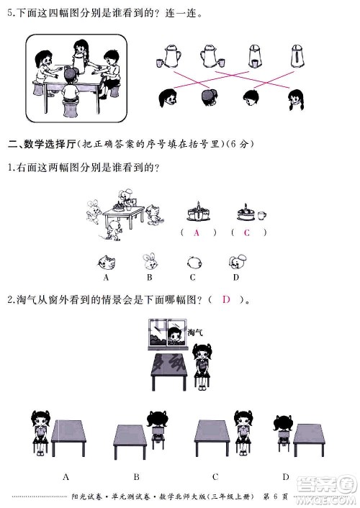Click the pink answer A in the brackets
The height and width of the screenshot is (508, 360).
coord(195,232)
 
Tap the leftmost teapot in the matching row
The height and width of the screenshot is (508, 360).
coord(170,55)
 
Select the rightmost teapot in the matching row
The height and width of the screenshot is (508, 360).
coord(297,55)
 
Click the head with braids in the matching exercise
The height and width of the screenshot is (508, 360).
coord(294,98)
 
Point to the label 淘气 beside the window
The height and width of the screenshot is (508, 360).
coord(195,332)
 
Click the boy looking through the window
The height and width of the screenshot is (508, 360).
coord(174,335)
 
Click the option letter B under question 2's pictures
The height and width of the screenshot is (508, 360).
coord(136,476)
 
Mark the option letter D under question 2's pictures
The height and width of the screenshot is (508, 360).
coord(286,476)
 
